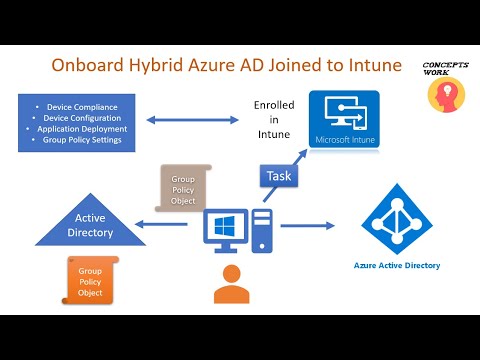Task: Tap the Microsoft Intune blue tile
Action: click(345, 121)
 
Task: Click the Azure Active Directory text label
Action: click(396, 266)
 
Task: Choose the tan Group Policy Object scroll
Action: click(183, 185)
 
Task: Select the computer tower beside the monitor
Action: click(262, 231)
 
